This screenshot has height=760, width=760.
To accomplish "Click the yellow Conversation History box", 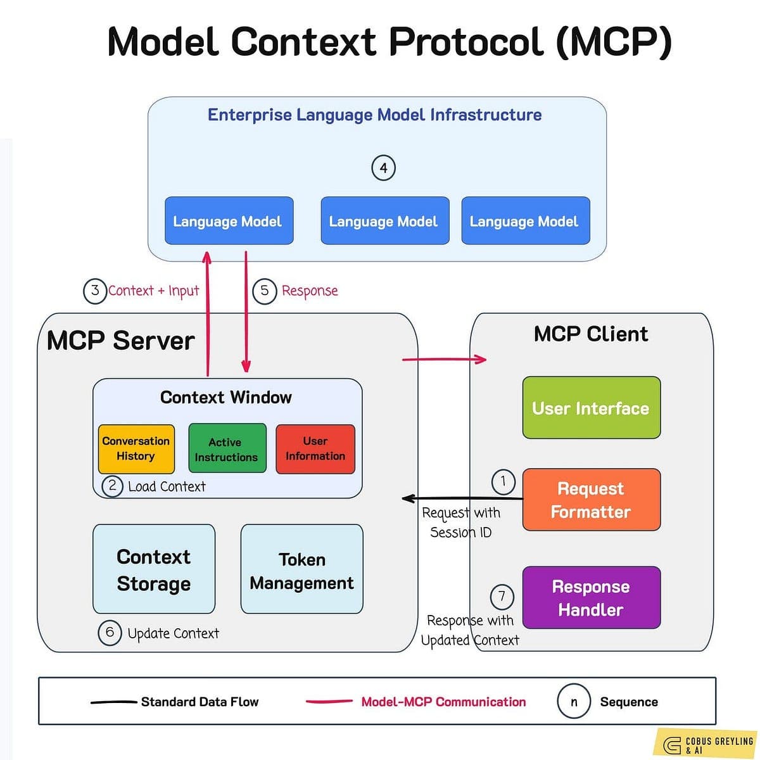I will (x=136, y=449).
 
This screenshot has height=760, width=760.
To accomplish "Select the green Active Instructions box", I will (x=227, y=449).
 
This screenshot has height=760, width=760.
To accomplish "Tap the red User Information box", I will (x=315, y=449).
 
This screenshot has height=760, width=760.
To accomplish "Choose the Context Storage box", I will (x=154, y=569).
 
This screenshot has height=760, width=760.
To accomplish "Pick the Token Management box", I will (x=302, y=569).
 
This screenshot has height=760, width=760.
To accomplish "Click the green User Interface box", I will (x=591, y=408).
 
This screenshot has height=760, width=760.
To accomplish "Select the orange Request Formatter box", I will (x=591, y=500).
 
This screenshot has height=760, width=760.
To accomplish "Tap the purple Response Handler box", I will (x=591, y=598).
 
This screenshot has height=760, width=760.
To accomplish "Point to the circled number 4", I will (x=383, y=168).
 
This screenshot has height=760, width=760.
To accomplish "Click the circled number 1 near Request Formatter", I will (x=503, y=481).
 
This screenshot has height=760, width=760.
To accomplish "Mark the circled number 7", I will (x=502, y=597).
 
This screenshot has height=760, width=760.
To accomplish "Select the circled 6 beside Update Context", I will (x=110, y=633).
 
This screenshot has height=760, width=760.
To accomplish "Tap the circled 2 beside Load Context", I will (x=113, y=486).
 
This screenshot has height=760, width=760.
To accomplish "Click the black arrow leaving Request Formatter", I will (x=462, y=498).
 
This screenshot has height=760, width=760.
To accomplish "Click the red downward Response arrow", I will (x=246, y=310).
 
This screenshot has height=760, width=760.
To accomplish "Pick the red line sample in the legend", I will (x=329, y=702).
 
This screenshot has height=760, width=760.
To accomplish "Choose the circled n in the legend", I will (x=573, y=702).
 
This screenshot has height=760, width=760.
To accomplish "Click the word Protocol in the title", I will (x=466, y=42).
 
